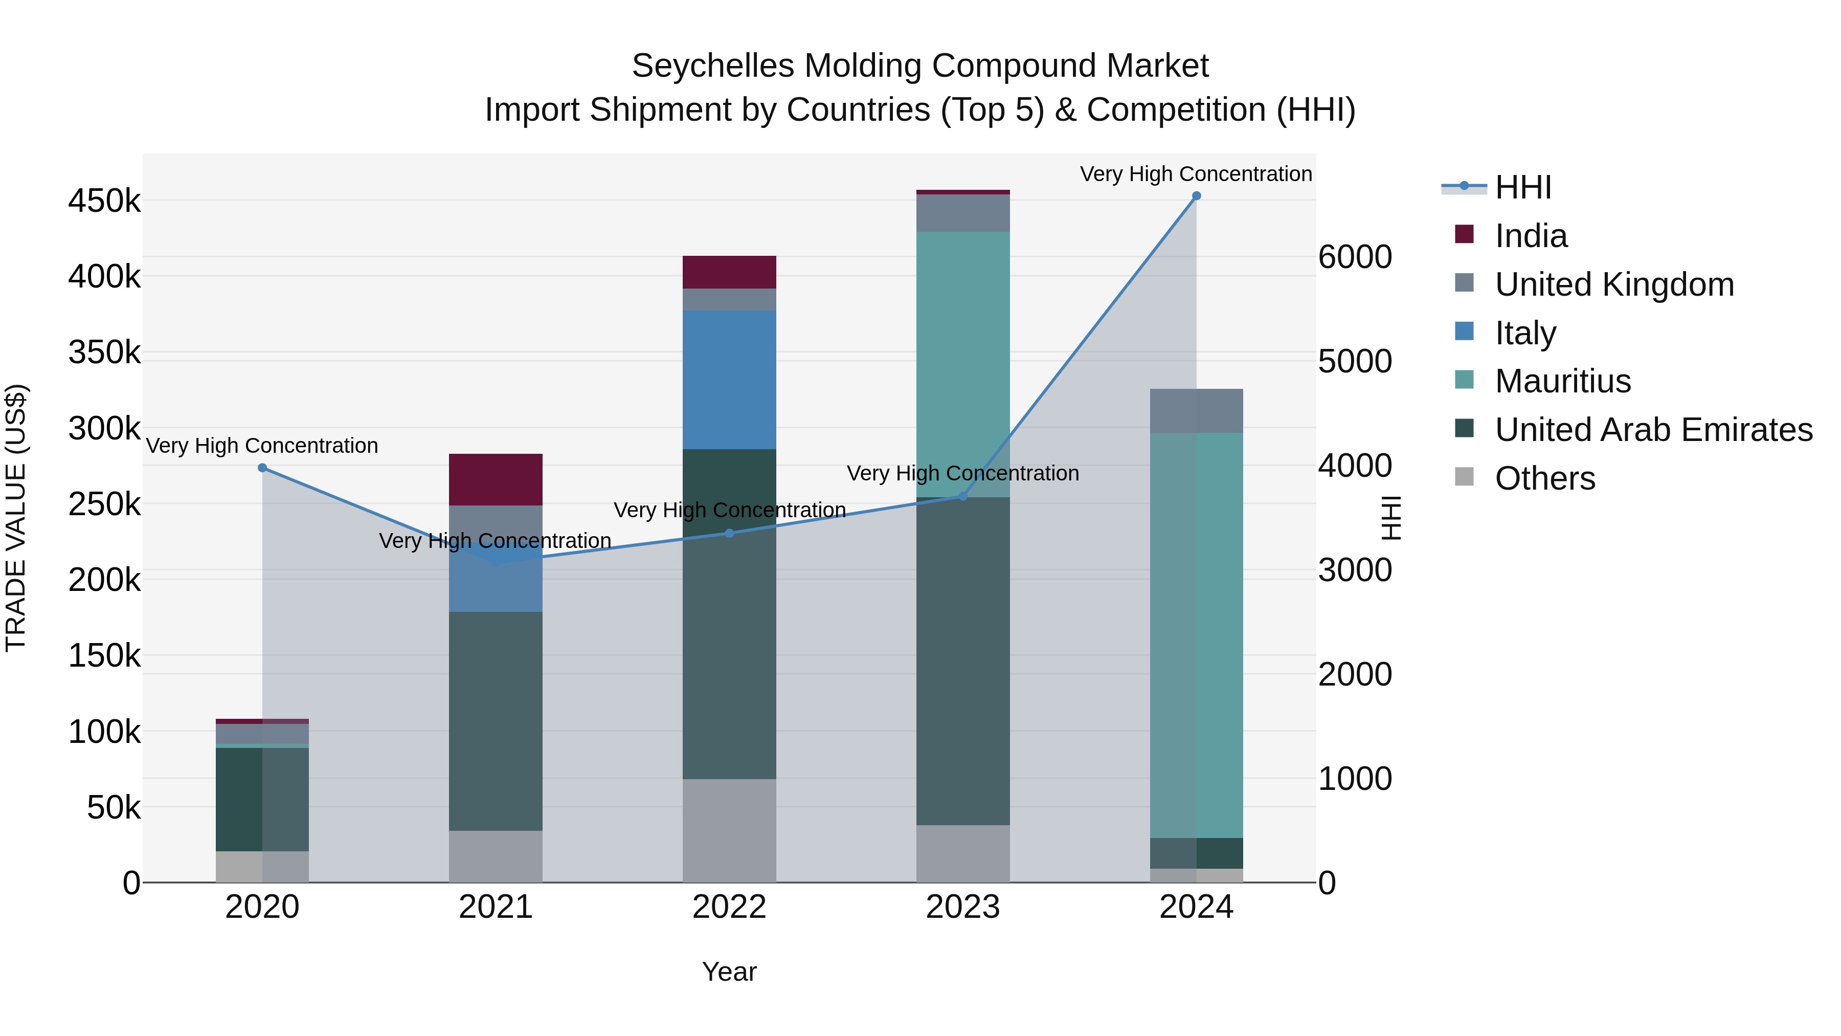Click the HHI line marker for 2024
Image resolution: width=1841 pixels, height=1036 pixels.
[x=1196, y=196]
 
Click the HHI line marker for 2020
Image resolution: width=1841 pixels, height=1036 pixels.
[x=262, y=468]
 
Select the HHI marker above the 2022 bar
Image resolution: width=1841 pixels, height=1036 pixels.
[x=729, y=533]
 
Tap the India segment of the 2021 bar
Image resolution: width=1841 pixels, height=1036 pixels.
[x=495, y=479]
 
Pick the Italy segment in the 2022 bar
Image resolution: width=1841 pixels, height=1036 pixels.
[x=729, y=379]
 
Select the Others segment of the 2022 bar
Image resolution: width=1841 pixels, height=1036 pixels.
[x=729, y=829]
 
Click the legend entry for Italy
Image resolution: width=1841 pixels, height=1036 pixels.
[x=1525, y=333]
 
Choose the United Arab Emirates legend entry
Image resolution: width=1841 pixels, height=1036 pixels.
[x=1653, y=430]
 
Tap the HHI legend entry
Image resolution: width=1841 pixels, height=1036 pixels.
[x=1522, y=187]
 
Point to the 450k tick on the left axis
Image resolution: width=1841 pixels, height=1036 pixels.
[x=104, y=201]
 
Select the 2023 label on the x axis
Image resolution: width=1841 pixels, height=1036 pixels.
[x=962, y=907]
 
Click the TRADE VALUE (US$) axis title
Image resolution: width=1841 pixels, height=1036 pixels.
[x=16, y=518]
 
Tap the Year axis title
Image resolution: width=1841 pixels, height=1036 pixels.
[x=729, y=972]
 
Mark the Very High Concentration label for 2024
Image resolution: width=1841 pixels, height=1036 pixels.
[x=1196, y=174]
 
